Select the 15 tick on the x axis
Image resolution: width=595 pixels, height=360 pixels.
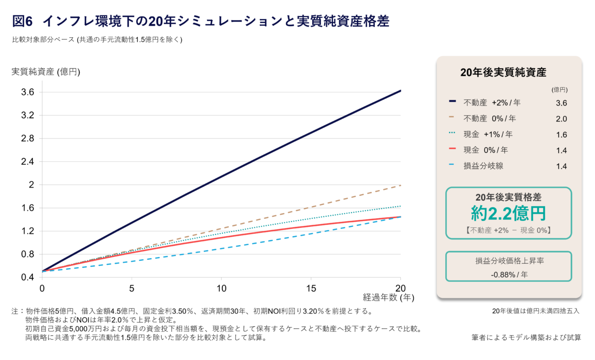pyautogui.click(x=311, y=288)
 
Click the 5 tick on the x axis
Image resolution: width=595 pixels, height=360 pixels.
pyautogui.click(x=132, y=288)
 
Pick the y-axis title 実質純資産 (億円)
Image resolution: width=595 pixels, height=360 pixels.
pyautogui.click(x=46, y=72)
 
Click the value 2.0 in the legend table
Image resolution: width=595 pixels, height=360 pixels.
pyautogui.click(x=561, y=119)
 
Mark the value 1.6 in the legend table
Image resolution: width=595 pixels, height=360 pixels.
pyautogui.click(x=561, y=135)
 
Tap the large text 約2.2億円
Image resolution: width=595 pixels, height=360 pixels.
pyautogui.click(x=508, y=214)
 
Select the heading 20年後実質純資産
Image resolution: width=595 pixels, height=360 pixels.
pyautogui.click(x=503, y=72)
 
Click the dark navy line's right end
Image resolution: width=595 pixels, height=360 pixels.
pyautogui.click(x=400, y=91)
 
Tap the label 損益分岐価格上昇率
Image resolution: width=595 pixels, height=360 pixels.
pyautogui.click(x=508, y=261)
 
